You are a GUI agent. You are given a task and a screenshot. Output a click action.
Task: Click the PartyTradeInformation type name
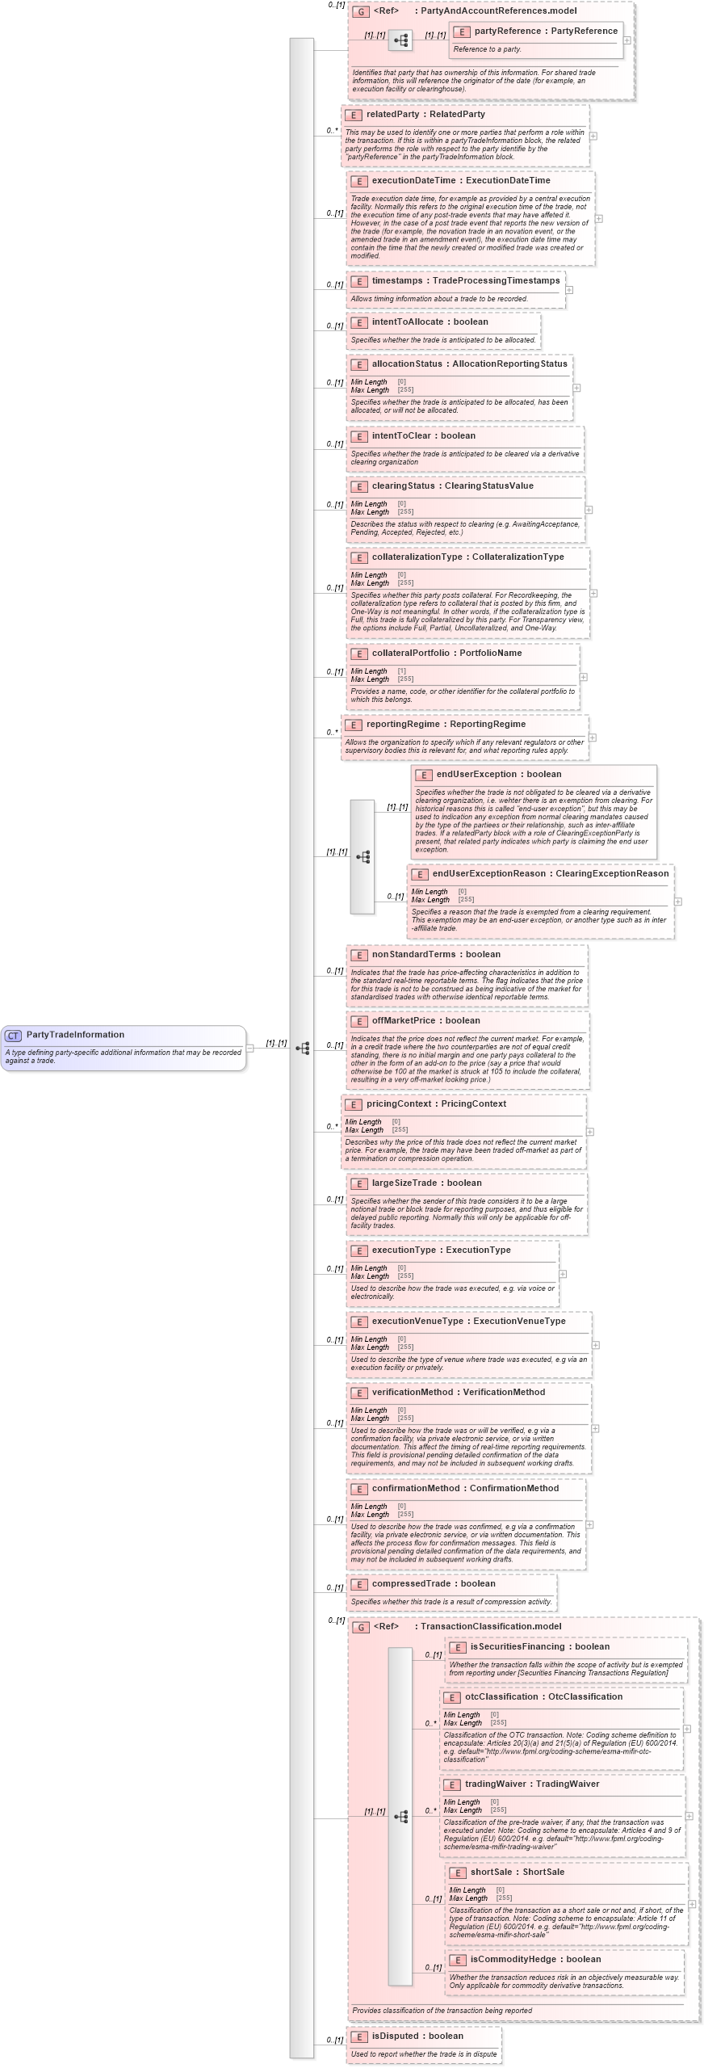point(75,1035)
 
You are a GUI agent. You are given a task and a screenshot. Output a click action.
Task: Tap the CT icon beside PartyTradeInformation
point(13,1036)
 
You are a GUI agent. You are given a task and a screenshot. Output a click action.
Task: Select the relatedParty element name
point(425,115)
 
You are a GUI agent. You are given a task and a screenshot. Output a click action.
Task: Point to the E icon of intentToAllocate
point(359,322)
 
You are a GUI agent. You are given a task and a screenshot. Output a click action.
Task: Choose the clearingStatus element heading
point(452,486)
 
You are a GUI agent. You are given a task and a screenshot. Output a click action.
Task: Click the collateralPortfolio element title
point(446,654)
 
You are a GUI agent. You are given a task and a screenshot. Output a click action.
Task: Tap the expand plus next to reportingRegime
point(593,738)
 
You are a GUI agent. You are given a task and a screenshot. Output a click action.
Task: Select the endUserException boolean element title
point(498,775)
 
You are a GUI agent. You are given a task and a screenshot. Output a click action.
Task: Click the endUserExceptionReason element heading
point(550,874)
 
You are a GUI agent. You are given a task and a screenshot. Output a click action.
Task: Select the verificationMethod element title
point(458,1393)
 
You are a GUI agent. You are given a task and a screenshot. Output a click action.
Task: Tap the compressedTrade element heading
point(433,1584)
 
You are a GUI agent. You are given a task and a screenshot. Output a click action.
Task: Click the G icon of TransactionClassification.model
point(362,1627)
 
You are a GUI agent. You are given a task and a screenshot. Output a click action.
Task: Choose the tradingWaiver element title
point(532,1784)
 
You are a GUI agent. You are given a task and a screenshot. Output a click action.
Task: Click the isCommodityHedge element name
point(535,1960)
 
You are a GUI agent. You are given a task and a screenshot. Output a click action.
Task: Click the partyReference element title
point(546,32)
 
